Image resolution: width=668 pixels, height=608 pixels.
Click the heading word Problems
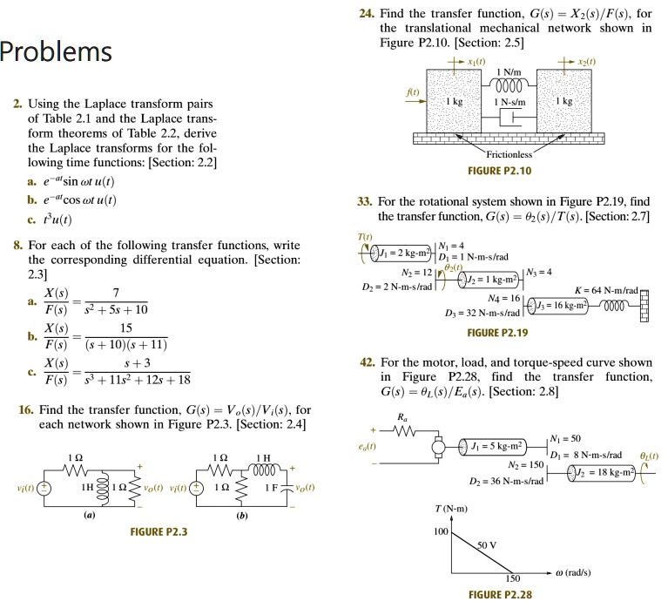point(57,52)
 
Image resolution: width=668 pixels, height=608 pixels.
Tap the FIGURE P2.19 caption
point(497,333)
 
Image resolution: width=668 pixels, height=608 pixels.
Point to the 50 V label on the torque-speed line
point(489,544)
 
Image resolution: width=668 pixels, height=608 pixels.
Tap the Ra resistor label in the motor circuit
point(401,418)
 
